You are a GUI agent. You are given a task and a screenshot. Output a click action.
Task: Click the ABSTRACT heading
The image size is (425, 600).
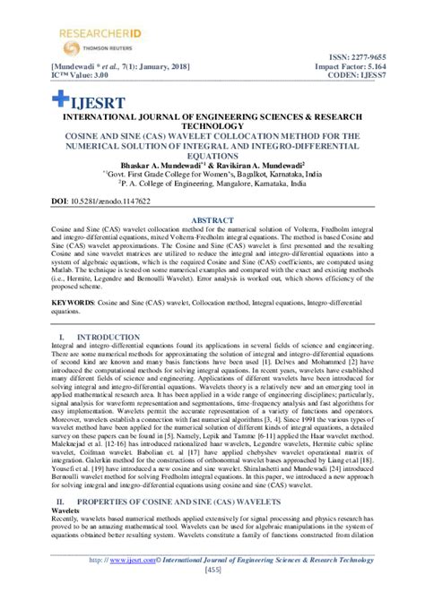pyautogui.click(x=212, y=218)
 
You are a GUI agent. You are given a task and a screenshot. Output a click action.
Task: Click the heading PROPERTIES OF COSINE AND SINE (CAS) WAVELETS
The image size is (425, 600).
pyautogui.click(x=162, y=501)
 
